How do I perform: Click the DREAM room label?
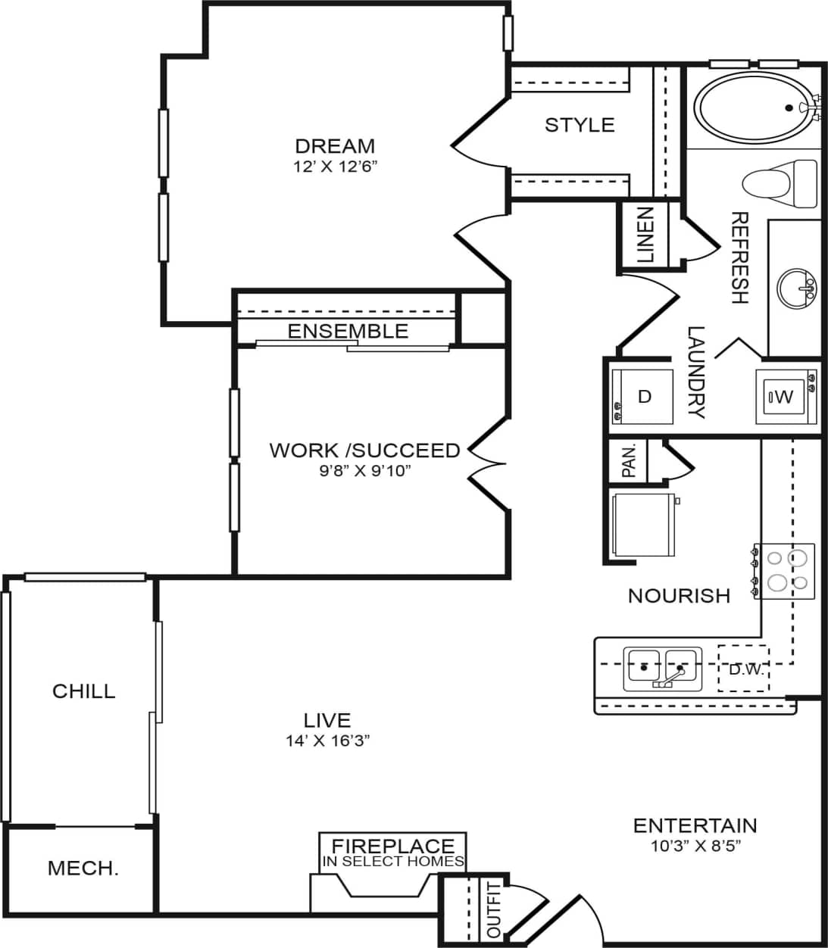[335, 145]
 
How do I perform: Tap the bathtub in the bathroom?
[752, 108]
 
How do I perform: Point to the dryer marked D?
[642, 396]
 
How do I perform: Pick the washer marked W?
[785, 396]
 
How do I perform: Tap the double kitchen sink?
[661, 668]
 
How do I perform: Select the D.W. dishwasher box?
[742, 669]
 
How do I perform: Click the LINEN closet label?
[644, 235]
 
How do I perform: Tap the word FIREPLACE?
[393, 846]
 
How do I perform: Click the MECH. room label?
[83, 868]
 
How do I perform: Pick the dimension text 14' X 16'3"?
[327, 741]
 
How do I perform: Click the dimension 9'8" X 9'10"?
[364, 470]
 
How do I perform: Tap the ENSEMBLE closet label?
[348, 331]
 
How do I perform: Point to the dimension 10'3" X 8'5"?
[695, 846]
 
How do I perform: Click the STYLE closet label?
[580, 125]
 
